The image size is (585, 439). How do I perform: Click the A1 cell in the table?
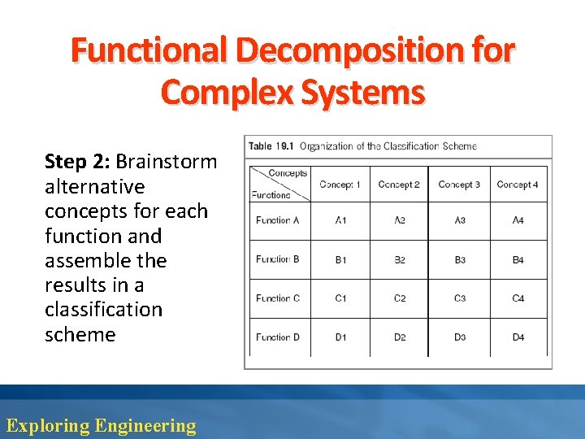(340, 220)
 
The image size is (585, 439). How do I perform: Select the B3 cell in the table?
(460, 260)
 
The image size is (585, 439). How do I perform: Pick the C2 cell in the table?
(400, 298)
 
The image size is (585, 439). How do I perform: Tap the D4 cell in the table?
(518, 337)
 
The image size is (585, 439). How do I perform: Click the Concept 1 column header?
(340, 185)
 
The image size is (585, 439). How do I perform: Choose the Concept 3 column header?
(459, 185)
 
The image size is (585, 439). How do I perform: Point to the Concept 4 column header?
(518, 185)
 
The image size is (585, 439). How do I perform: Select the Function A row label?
(278, 220)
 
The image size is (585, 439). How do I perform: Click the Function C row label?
(278, 298)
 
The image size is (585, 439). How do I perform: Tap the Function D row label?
(278, 337)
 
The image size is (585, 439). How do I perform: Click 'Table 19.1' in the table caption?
(271, 146)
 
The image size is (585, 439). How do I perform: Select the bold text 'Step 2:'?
(77, 161)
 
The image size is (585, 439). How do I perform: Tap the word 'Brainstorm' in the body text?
(167, 161)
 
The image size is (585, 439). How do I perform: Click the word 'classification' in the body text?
(103, 310)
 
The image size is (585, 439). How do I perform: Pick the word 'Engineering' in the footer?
(145, 425)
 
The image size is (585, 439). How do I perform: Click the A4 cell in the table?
(518, 220)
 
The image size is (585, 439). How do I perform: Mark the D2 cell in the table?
(400, 337)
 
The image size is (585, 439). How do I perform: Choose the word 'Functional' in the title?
(148, 50)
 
